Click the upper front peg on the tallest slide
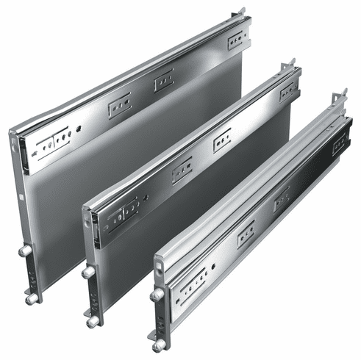click(25, 251)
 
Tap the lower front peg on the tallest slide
click(31, 298)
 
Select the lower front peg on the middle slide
click(93, 322)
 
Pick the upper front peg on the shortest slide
click(157, 295)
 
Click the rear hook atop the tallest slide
click(242, 12)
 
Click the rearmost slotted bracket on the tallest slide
click(237, 40)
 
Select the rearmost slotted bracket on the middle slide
click(288, 91)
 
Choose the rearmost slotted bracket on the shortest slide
click(340, 143)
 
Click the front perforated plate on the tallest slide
click(54, 143)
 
